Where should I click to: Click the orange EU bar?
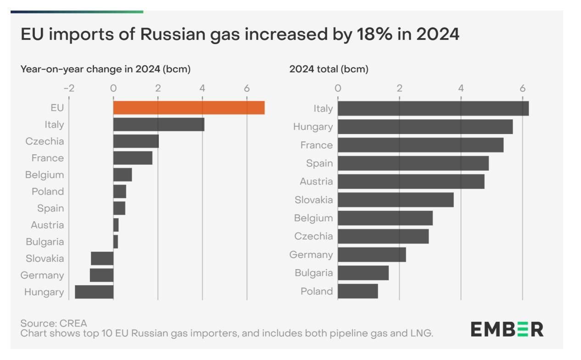189,108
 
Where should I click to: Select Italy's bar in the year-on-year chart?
158,124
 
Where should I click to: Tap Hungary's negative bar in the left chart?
94,292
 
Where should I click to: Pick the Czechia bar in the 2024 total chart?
383,236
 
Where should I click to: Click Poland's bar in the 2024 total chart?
358,291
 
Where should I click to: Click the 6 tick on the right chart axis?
522,88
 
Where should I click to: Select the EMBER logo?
507,329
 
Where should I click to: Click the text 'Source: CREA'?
54,323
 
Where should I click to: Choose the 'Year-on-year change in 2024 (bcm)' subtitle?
106,69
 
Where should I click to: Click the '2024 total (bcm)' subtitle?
329,69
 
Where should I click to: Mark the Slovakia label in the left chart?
45,259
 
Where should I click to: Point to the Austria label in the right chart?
316,181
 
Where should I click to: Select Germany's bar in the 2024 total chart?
372,255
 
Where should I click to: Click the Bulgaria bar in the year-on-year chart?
116,242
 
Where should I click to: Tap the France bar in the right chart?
420,145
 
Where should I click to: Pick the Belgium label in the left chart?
45,175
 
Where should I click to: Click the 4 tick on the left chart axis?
202,88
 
